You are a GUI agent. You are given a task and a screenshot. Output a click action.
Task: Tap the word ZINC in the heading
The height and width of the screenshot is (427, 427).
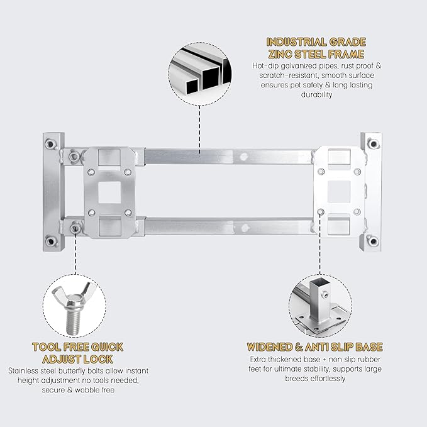click(280, 54)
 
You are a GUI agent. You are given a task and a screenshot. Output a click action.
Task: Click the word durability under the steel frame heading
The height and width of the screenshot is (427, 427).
click(316, 94)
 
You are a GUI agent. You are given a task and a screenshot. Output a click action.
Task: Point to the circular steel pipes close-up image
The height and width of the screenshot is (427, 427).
click(199, 74)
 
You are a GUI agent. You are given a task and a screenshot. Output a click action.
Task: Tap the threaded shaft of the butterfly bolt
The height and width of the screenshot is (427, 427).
click(72, 322)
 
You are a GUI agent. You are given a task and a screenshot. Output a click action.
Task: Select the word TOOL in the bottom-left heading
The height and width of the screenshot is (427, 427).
click(45, 347)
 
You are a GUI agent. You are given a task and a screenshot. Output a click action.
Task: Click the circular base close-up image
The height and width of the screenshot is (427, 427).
click(320, 306)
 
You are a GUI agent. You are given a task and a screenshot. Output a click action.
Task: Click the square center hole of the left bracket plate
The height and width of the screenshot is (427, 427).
click(109, 192)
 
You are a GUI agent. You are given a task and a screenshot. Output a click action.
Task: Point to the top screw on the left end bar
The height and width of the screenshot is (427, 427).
click(50, 143)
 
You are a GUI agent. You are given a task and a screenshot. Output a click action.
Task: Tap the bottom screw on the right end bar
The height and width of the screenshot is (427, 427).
click(373, 241)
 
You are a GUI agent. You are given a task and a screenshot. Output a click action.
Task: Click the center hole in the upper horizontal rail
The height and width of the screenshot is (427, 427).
click(244, 157)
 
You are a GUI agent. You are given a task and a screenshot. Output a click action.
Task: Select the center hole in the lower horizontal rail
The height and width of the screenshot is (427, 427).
click(245, 227)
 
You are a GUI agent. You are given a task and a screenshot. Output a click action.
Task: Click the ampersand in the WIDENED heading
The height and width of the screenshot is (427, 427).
click(299, 347)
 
